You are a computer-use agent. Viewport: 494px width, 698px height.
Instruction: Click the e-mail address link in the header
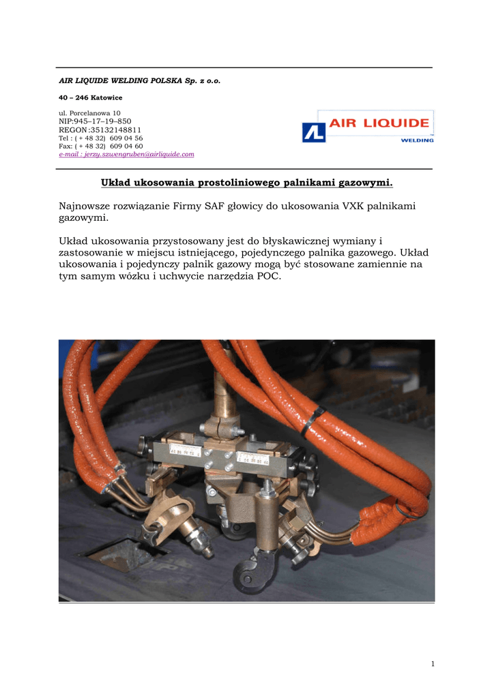click(x=126, y=155)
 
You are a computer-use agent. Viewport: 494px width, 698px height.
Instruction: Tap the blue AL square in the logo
click(x=313, y=132)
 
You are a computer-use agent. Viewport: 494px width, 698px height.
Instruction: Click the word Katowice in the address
click(x=104, y=97)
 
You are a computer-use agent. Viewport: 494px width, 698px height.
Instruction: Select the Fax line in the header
click(x=100, y=146)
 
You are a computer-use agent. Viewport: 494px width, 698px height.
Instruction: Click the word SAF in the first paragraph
click(x=216, y=206)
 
